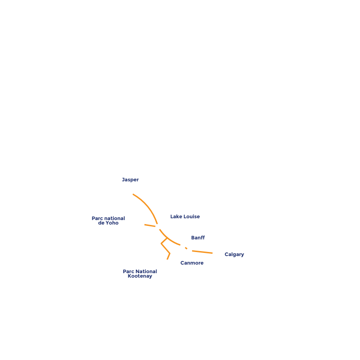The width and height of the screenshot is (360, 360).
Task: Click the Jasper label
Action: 130,180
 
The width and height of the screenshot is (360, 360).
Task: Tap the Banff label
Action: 198,238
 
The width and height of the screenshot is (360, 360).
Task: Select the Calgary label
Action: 234,255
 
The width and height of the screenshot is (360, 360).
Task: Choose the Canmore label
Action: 192,263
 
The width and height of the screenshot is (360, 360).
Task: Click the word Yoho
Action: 112,223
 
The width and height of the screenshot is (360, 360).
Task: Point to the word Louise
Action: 192,216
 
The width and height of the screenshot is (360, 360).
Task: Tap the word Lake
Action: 176,216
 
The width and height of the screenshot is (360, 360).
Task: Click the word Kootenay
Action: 139,276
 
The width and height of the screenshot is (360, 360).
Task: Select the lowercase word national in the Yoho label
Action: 114,218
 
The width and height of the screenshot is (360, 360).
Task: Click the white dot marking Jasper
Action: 130,193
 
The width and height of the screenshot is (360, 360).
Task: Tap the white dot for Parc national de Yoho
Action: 142,224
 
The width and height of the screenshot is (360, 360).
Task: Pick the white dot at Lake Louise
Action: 158,227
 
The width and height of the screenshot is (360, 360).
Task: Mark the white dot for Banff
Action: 183,246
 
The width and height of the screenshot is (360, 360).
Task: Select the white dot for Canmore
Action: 189,250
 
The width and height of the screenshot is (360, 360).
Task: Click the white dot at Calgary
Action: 215,253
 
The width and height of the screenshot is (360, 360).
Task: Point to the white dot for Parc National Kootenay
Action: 166,262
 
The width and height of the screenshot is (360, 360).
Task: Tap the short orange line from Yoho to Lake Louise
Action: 150,225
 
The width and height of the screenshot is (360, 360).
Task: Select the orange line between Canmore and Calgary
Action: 202,252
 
